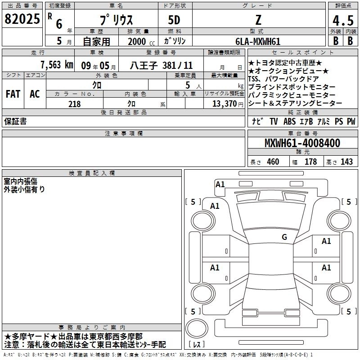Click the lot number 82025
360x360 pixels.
[22, 19]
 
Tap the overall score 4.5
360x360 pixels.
[343, 21]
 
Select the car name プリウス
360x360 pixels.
[117, 20]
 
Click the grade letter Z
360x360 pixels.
[258, 20]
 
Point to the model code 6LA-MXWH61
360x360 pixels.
[258, 41]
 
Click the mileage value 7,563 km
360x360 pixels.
[57, 65]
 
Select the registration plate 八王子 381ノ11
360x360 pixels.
[161, 65]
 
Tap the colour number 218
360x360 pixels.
[75, 104]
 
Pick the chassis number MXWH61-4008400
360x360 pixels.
[302, 143]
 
